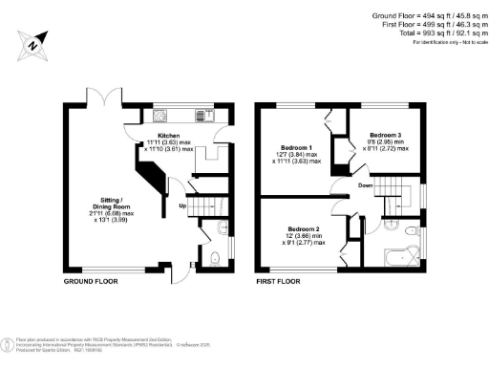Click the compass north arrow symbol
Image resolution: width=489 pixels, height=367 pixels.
tap(33, 43)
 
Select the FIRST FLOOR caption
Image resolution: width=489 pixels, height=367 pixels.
tap(278, 283)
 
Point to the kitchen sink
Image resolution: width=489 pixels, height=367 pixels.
tap(182, 119)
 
